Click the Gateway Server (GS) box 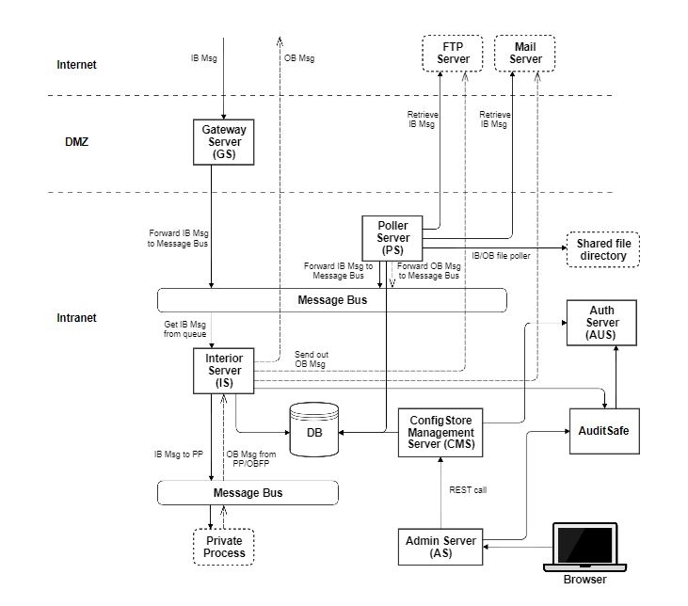click(x=223, y=140)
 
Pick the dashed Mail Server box click(x=525, y=53)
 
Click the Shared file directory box click(x=602, y=248)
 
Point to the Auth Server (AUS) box click(x=601, y=323)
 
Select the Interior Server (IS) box click(x=223, y=370)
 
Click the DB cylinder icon click(x=312, y=430)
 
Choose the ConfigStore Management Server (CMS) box click(x=441, y=431)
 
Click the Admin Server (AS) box click(x=440, y=546)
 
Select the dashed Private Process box click(x=224, y=546)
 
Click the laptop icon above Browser click(x=584, y=547)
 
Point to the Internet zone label click(x=76, y=65)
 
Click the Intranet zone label click(x=76, y=318)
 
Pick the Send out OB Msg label click(x=312, y=359)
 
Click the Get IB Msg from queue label click(x=184, y=328)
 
